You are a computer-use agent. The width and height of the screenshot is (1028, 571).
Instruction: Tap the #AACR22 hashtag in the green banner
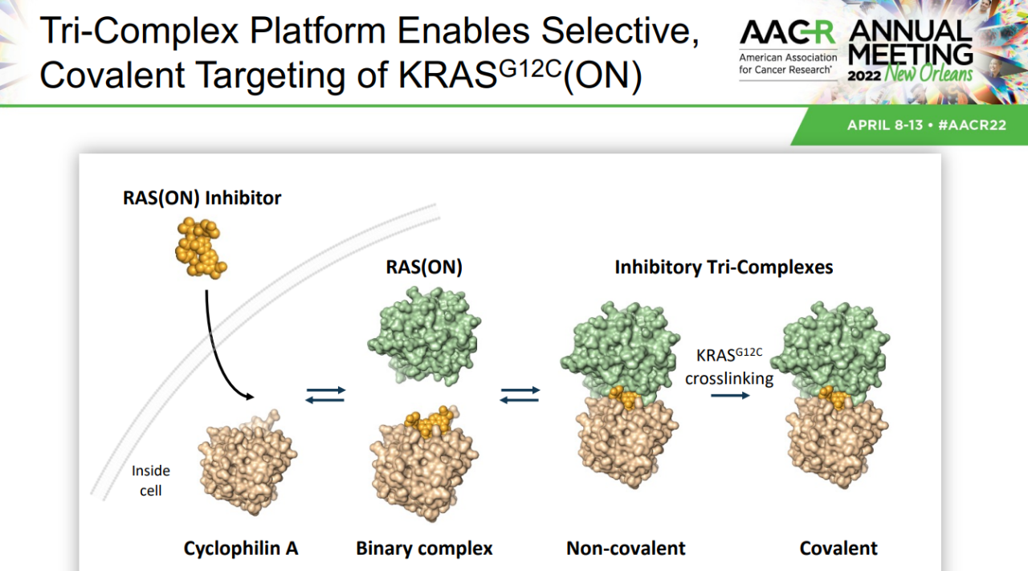972,125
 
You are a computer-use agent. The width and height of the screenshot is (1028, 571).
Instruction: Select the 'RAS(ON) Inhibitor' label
202,198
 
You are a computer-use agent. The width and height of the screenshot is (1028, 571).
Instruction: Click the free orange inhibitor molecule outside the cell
201,248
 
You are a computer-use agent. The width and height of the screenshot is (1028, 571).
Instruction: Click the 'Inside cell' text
150,480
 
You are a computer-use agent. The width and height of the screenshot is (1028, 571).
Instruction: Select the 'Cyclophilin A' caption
241,549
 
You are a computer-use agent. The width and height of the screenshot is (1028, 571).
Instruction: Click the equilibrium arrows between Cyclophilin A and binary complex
325,395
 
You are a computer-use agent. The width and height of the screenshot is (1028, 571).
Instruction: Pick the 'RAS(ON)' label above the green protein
424,267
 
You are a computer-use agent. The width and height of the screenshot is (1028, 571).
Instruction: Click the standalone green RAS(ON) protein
424,335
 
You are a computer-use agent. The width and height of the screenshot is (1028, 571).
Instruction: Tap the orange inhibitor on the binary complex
429,421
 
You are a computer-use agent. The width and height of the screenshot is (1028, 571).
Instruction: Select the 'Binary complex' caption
424,549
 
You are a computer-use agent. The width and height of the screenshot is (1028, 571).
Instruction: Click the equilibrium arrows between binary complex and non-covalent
520,395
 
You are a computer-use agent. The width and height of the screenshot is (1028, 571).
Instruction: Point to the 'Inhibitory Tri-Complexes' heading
724,267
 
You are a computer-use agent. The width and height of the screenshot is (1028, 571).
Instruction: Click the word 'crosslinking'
729,379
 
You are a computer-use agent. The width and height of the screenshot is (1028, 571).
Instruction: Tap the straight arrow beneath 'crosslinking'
730,395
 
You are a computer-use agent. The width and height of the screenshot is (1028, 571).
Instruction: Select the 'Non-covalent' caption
626,549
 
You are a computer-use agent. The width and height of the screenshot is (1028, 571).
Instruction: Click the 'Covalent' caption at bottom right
838,549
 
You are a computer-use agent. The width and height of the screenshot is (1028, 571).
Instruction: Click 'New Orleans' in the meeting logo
928,73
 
